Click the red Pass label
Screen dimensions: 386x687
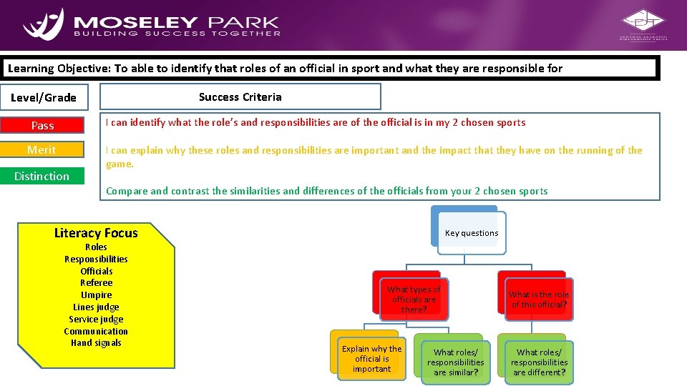42,126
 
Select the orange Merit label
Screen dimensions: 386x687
42,149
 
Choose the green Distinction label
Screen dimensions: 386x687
42,176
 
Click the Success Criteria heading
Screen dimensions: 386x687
240,96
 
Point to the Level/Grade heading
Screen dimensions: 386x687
44,97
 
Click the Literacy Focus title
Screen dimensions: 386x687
96,233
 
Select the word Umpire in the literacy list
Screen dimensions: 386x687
96,295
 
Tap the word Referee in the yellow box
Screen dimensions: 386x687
96,283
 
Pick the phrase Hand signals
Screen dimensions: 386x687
96,343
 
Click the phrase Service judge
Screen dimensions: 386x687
96,320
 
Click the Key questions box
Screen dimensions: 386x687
472,233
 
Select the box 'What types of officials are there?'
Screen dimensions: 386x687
414,300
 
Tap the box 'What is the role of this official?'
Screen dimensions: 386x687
539,300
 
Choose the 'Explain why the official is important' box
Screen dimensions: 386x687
371,359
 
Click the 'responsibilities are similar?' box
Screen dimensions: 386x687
455,362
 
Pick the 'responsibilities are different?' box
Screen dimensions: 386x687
539,362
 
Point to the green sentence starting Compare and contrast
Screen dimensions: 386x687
326,191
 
